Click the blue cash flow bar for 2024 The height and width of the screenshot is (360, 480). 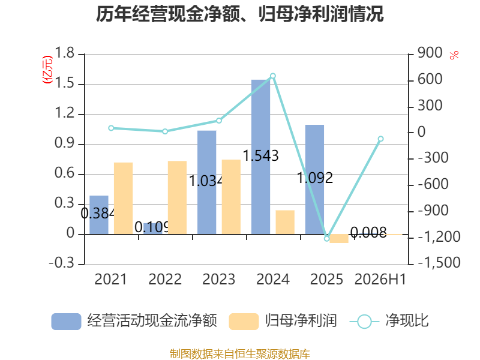pyautogui.click(x=260, y=157)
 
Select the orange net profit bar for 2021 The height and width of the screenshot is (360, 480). pyautogui.click(x=124, y=199)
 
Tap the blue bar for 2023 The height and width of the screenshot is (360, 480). pyautogui.click(x=206, y=182)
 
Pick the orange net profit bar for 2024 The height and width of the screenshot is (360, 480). pyautogui.click(x=285, y=222)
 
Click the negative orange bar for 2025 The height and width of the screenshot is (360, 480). pyautogui.click(x=339, y=239)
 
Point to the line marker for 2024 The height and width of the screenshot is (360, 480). pyautogui.click(x=273, y=76)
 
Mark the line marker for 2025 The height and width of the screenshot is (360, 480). pyautogui.click(x=326, y=238)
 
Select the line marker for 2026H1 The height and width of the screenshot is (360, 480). pyautogui.click(x=380, y=139)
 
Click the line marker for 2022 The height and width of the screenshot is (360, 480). pyautogui.click(x=165, y=131)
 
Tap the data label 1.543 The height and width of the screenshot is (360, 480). pyautogui.click(x=260, y=155)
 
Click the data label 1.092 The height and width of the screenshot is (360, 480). pyautogui.click(x=315, y=178)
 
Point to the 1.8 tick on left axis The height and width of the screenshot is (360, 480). pyautogui.click(x=65, y=53)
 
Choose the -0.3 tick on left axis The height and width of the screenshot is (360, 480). pyautogui.click(x=62, y=263)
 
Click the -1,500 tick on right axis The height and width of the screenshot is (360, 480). pyautogui.click(x=439, y=263)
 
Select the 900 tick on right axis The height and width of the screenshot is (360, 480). pyautogui.click(x=430, y=53)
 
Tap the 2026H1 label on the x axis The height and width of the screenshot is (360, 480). pyautogui.click(x=380, y=280)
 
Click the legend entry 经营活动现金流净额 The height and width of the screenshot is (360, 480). pyautogui.click(x=134, y=321)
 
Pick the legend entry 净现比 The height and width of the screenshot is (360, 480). pyautogui.click(x=389, y=321)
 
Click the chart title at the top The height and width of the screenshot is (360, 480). pyautogui.click(x=239, y=14)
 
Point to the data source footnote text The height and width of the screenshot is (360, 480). pyautogui.click(x=239, y=354)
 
